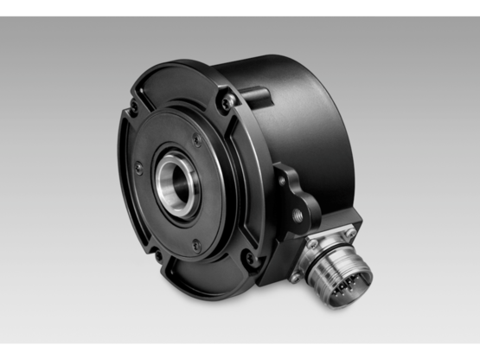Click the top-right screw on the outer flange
click(227, 101)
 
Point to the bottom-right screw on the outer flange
click(250, 257)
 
